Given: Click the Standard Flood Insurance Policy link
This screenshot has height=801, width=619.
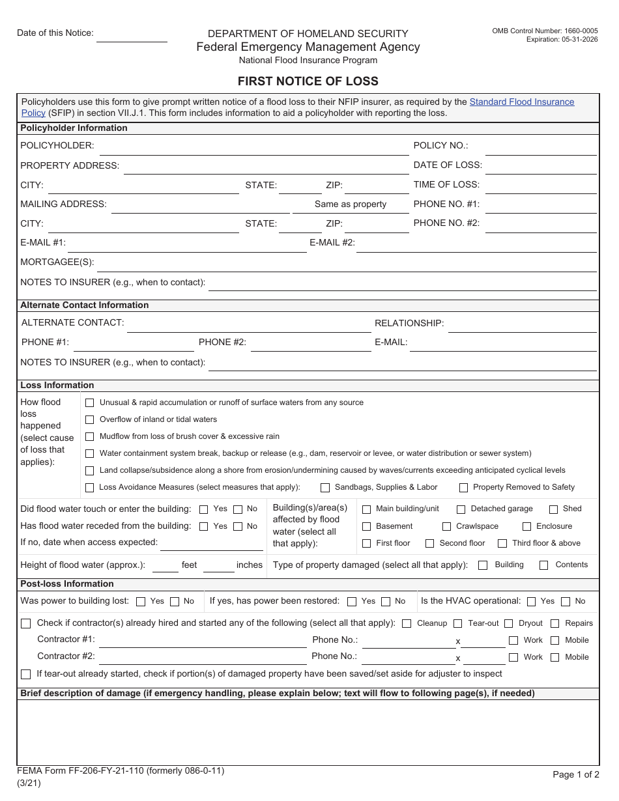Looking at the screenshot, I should (x=521, y=102).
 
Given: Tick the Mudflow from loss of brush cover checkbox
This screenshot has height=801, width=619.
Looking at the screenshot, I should (x=90, y=437).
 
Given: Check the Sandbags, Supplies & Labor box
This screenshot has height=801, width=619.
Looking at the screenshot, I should (x=325, y=488).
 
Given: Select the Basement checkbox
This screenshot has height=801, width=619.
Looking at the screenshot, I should (x=366, y=526).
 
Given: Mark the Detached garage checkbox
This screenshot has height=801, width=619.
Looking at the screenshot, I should (x=461, y=509).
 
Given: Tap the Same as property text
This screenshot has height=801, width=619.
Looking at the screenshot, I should (x=351, y=204).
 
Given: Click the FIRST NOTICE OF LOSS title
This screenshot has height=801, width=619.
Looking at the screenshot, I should (x=308, y=81).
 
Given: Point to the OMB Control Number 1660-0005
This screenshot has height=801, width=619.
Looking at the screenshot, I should (x=545, y=31).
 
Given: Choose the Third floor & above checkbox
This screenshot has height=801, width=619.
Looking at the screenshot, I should (x=502, y=543).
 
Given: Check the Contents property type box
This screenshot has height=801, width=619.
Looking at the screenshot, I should (x=543, y=565).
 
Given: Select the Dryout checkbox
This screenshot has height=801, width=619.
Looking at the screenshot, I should (x=509, y=624).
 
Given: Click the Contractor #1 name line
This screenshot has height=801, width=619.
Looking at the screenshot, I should (x=203, y=641).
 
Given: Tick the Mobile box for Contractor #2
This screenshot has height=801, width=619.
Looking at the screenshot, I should (x=555, y=658).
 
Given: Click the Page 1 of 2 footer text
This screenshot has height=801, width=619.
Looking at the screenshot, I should (x=575, y=774).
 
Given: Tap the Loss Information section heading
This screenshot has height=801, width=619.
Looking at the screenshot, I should (x=57, y=386).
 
